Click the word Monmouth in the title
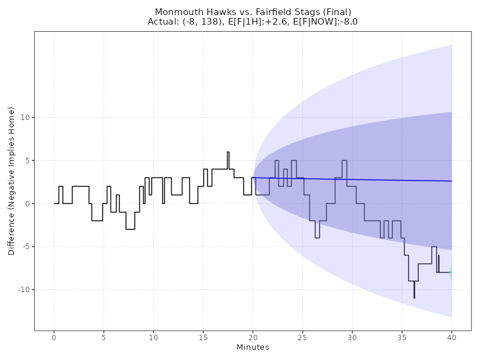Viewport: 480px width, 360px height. [175, 12]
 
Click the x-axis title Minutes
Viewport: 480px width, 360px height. [253, 347]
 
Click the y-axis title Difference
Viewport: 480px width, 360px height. [11, 181]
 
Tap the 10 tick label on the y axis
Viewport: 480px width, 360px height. [24, 118]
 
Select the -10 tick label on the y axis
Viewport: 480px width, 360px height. [22, 290]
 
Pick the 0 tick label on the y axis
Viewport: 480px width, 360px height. [26, 204]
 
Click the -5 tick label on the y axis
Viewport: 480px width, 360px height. [24, 247]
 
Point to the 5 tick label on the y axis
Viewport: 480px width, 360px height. [26, 161]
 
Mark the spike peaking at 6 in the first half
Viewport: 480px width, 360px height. [228, 152]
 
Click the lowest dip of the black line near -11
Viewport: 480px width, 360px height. [414, 298]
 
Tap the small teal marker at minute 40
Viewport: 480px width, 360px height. [451, 272]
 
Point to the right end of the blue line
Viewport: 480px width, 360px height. [451, 181]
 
